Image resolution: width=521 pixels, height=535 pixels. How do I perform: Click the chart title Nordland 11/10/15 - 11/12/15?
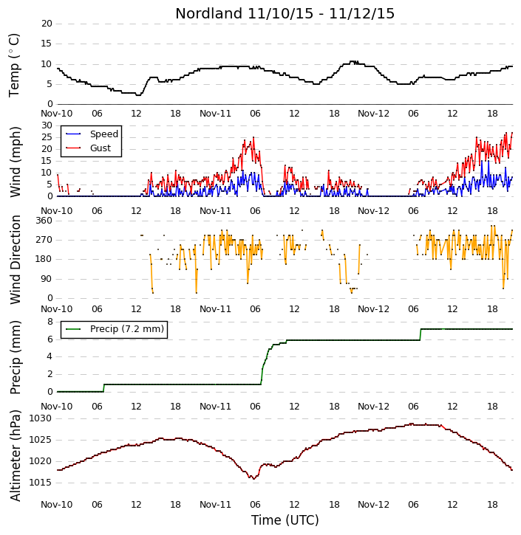[x=285, y=13]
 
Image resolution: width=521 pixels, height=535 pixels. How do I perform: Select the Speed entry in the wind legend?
[x=92, y=134]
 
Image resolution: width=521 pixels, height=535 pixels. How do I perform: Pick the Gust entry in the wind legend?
[x=88, y=148]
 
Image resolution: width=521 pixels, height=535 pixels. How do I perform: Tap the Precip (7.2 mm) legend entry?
[x=115, y=329]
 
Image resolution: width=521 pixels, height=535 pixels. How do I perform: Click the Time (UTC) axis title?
[x=285, y=520]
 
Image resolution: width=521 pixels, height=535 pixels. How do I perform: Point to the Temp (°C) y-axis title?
[x=14, y=65]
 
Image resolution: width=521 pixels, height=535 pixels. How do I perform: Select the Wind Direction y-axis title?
[x=15, y=260]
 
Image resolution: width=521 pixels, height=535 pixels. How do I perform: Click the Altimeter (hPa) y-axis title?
[x=15, y=455]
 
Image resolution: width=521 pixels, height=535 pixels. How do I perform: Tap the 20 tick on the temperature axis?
[x=47, y=24]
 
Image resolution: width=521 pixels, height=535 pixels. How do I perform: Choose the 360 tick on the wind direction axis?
[x=44, y=221]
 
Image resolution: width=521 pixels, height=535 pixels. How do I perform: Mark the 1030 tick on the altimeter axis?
[x=41, y=418]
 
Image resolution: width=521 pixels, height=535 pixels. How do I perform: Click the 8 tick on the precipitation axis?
[x=50, y=322]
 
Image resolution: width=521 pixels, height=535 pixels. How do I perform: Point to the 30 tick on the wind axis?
[x=47, y=125]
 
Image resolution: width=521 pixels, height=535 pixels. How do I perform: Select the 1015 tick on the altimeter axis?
[x=41, y=483]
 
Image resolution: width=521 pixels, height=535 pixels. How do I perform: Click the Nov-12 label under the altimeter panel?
[x=373, y=504]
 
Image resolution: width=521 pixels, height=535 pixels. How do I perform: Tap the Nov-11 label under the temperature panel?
[x=215, y=114]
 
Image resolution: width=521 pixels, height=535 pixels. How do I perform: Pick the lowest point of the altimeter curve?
[x=253, y=479]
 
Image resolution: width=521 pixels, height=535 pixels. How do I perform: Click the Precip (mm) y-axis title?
[x=15, y=358]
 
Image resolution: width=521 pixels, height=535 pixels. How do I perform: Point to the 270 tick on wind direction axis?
[x=44, y=240]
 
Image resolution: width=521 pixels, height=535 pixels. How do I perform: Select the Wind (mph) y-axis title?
[x=15, y=162]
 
